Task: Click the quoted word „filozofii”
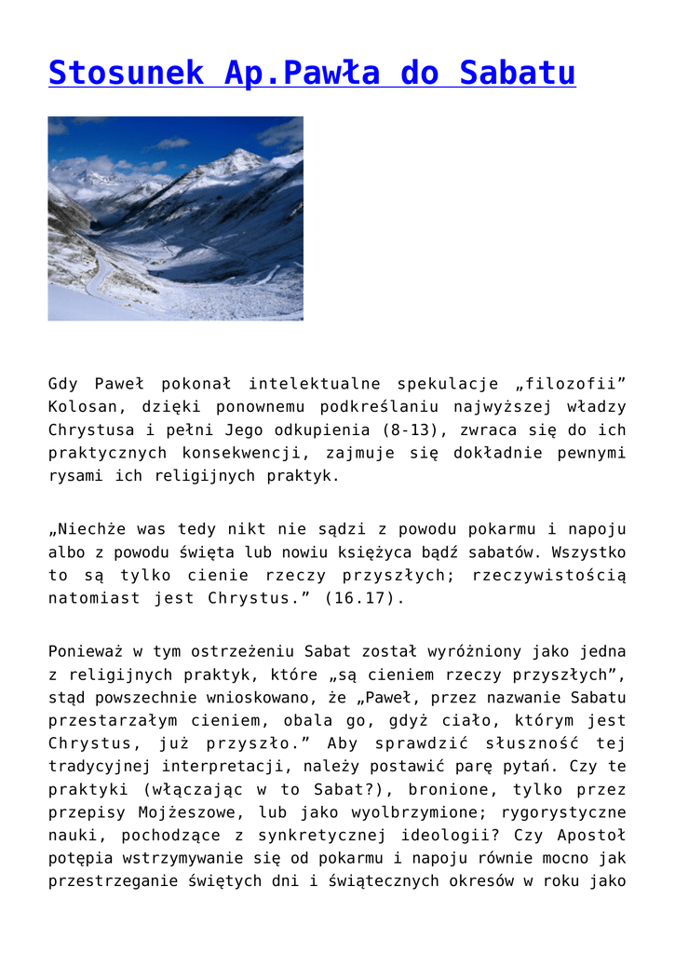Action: point(570,384)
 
